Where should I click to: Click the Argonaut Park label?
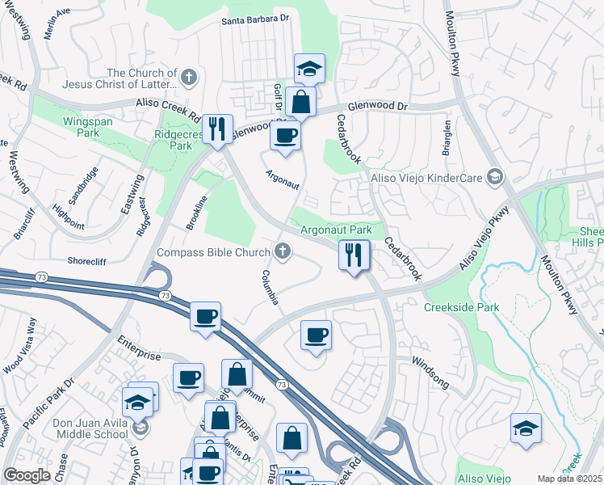click(x=336, y=230)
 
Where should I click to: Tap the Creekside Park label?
click(x=462, y=307)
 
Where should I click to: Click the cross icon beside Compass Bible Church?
click(x=282, y=253)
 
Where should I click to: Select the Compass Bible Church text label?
click(x=213, y=253)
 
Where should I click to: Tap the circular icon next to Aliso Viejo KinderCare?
click(x=495, y=178)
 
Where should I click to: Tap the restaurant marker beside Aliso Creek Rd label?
click(x=216, y=129)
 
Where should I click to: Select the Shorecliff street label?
click(x=88, y=262)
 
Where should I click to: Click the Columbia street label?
click(x=270, y=288)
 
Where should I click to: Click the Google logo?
click(x=27, y=475)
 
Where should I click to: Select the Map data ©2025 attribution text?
click(x=569, y=479)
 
